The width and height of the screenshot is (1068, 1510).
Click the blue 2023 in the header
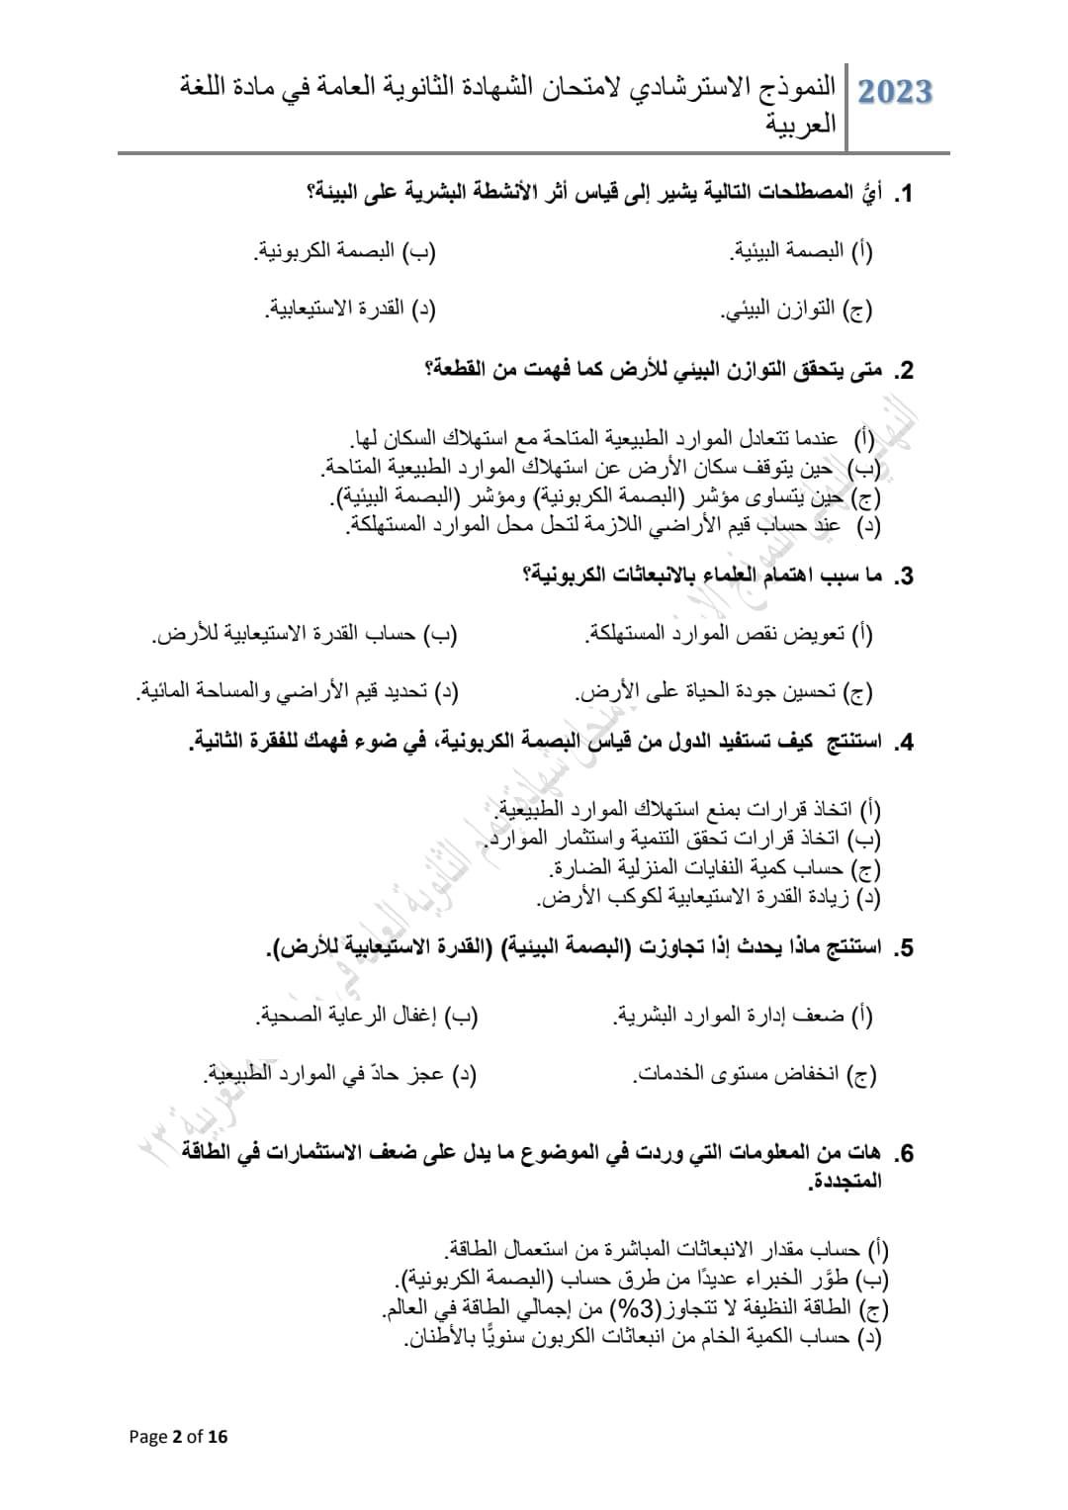pyautogui.click(x=895, y=91)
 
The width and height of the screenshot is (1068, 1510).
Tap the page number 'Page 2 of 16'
pyautogui.click(x=178, y=1437)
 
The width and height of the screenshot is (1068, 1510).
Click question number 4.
pyautogui.click(x=903, y=744)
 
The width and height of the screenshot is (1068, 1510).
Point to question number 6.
pyautogui.click(x=903, y=1153)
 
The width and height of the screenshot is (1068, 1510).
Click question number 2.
pyautogui.click(x=903, y=372)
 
